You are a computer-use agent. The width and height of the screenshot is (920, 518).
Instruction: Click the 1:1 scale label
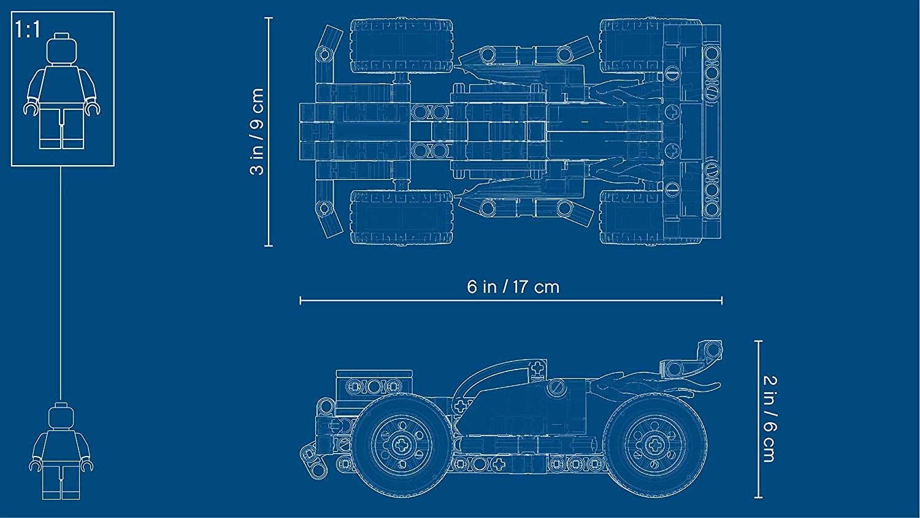click(x=28, y=29)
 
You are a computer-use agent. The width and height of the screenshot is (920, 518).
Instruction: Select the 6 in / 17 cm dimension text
click(x=513, y=287)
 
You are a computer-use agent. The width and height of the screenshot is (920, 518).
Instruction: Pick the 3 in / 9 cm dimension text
click(x=257, y=131)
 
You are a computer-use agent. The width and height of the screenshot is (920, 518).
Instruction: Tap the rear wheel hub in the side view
click(x=654, y=445)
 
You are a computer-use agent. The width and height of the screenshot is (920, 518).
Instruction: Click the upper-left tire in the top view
click(x=402, y=45)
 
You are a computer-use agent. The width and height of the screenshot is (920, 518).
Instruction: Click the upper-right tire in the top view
click(x=632, y=45)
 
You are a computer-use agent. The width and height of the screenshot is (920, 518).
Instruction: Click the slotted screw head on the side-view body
click(x=558, y=387)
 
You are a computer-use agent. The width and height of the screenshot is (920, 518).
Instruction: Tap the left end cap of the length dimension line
click(x=301, y=301)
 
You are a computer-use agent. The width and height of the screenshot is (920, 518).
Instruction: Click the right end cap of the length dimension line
click(x=722, y=301)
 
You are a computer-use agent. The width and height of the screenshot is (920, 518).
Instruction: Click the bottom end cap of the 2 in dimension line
click(x=759, y=498)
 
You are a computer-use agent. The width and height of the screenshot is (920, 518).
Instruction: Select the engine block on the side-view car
click(x=374, y=387)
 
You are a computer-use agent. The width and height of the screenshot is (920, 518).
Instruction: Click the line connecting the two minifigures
click(x=61, y=284)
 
